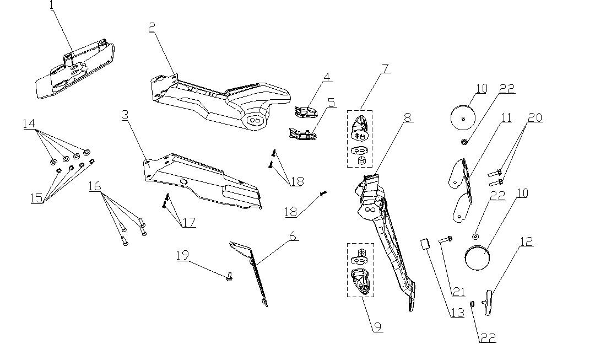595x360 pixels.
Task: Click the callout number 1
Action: (x=52, y=6)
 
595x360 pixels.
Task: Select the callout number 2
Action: (x=152, y=28)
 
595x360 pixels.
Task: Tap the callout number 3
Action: (x=125, y=115)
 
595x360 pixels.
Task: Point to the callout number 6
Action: (x=293, y=237)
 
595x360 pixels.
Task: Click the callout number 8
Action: (x=408, y=118)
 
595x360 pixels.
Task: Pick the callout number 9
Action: (x=377, y=327)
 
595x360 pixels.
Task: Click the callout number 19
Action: (x=183, y=255)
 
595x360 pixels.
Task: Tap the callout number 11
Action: (x=506, y=117)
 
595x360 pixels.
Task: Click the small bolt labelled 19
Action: (x=229, y=277)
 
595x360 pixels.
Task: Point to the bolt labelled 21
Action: (x=446, y=239)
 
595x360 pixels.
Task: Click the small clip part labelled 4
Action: (x=305, y=112)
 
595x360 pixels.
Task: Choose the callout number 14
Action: (x=29, y=124)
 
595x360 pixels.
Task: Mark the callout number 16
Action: (x=95, y=186)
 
